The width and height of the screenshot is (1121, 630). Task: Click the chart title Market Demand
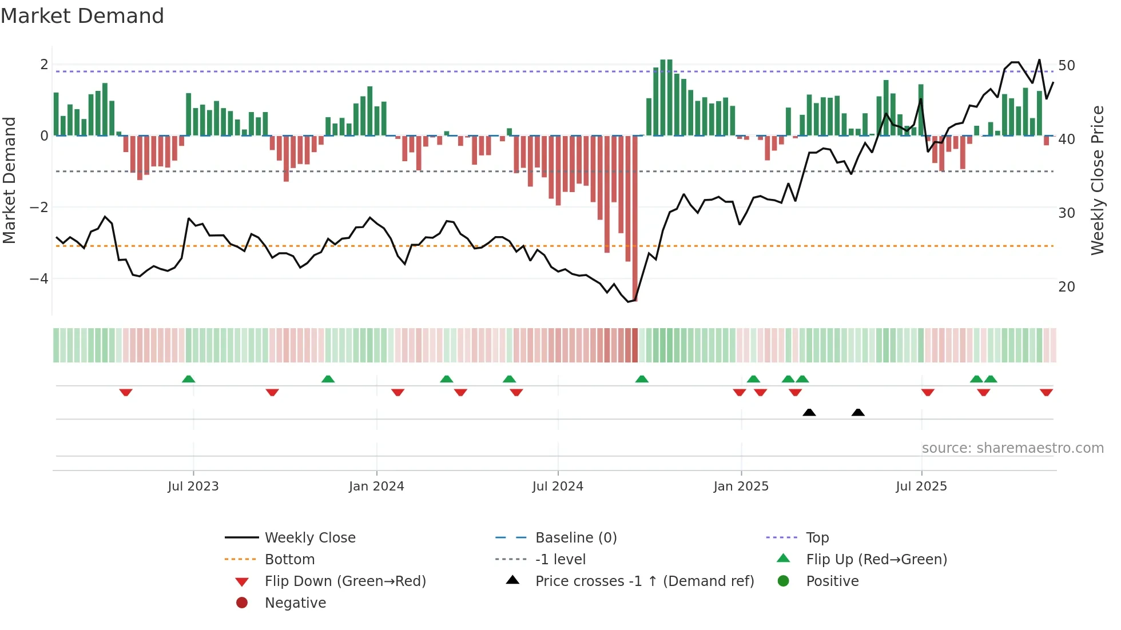pyautogui.click(x=82, y=16)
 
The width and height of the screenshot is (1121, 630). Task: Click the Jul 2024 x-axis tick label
pyautogui.click(x=558, y=487)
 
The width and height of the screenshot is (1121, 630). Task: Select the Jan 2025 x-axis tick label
pyautogui.click(x=741, y=487)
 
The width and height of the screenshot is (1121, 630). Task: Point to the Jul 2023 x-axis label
pyautogui.click(x=193, y=487)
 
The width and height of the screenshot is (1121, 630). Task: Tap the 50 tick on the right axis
pyautogui.click(x=1066, y=66)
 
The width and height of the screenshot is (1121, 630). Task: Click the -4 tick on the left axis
pyautogui.click(x=39, y=279)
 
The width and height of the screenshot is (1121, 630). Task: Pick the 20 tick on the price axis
pyautogui.click(x=1066, y=287)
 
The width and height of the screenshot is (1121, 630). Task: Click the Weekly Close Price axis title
pyautogui.click(x=1097, y=180)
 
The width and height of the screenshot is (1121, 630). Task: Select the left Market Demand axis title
pyautogui.click(x=9, y=180)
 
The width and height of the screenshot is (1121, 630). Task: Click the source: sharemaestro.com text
pyautogui.click(x=1012, y=448)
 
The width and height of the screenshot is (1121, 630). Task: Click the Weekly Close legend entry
pyautogui.click(x=309, y=538)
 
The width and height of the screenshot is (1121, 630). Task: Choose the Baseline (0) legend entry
pyautogui.click(x=575, y=538)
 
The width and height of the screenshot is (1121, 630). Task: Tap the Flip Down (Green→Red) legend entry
pyautogui.click(x=345, y=581)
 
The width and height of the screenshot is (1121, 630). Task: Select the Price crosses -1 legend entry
pyautogui.click(x=644, y=581)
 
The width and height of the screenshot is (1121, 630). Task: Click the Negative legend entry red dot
pyautogui.click(x=242, y=603)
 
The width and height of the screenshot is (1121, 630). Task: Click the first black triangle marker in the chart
pyautogui.click(x=809, y=412)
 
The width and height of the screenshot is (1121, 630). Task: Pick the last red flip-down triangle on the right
pyautogui.click(x=1046, y=392)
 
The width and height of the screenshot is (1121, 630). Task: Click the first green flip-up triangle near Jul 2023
pyautogui.click(x=188, y=379)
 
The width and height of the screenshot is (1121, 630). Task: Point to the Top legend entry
pyautogui.click(x=817, y=538)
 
